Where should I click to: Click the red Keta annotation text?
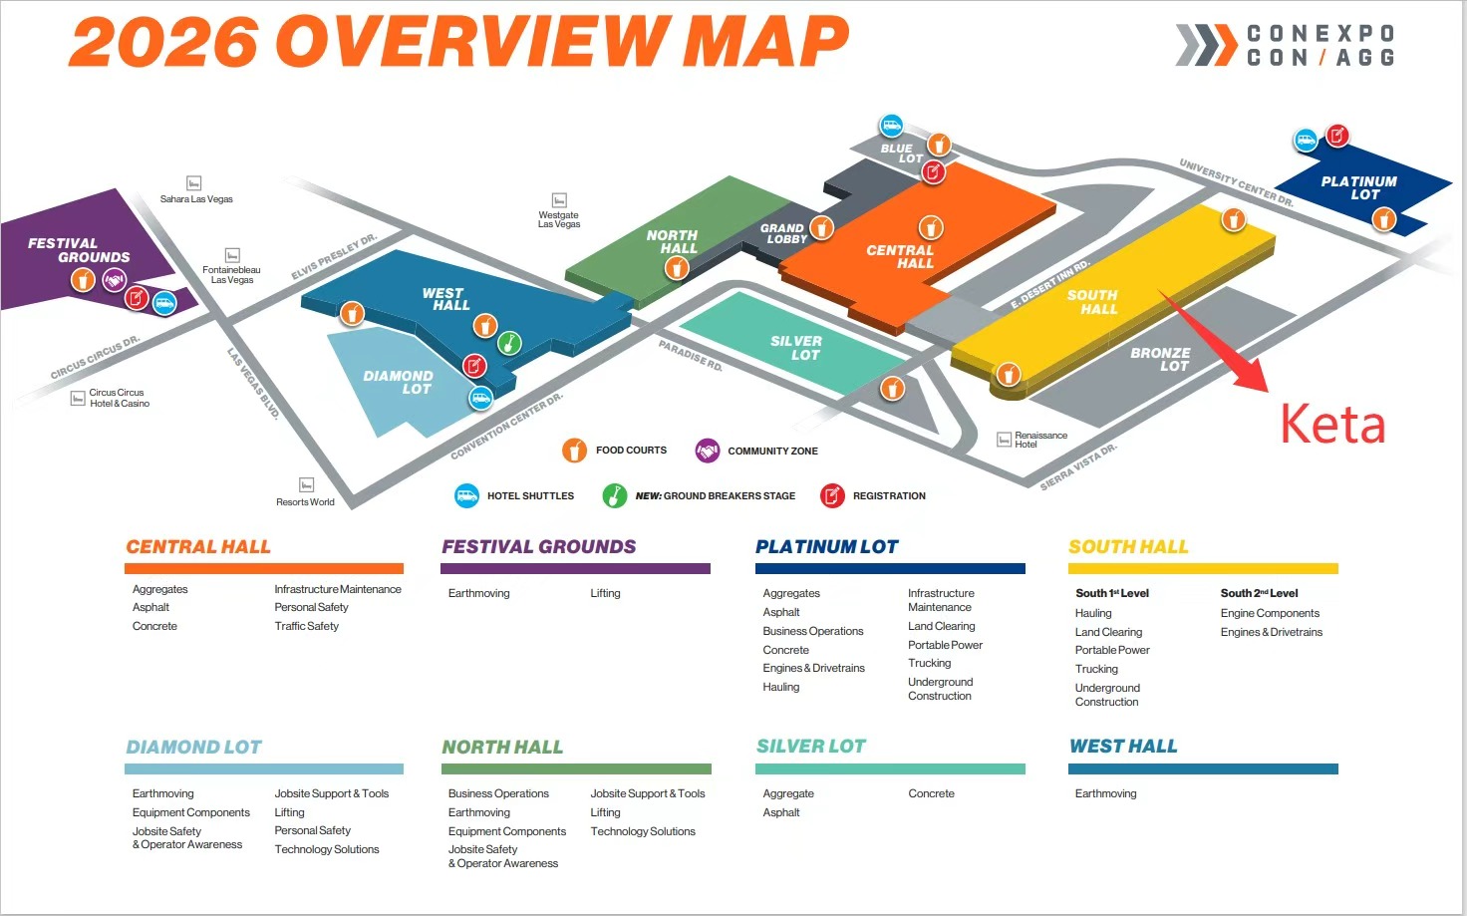pos(1332,426)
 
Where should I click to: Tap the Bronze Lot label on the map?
pos(1160,360)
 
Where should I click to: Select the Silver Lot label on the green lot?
pos(796,348)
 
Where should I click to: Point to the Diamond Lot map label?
pos(398,383)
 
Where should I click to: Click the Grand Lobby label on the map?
pos(783,234)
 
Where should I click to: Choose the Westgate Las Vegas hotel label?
pos(559,219)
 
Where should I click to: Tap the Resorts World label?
pos(305,501)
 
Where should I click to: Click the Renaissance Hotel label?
pos(1040,440)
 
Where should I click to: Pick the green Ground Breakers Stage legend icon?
pos(615,495)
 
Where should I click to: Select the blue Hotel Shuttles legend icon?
pos(466,495)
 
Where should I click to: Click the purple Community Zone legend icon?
pos(708,451)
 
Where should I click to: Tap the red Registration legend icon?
pos(832,495)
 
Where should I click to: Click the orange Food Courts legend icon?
pos(574,451)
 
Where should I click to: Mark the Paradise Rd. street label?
pos(691,355)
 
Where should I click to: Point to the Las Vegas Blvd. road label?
pos(253,383)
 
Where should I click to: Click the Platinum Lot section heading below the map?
pos(826,547)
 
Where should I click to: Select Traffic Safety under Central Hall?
pos(307,626)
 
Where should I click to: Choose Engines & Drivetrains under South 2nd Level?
pos(1272,632)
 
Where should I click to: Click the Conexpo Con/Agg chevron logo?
pos(1205,46)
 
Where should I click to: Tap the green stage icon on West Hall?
pos(509,343)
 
